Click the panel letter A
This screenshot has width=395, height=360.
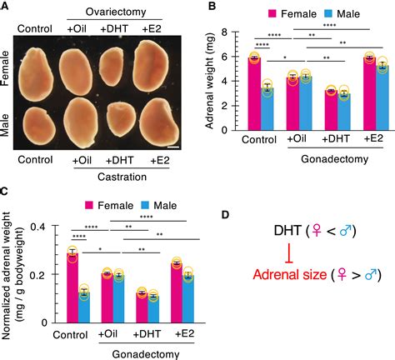[x=5, y=7]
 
